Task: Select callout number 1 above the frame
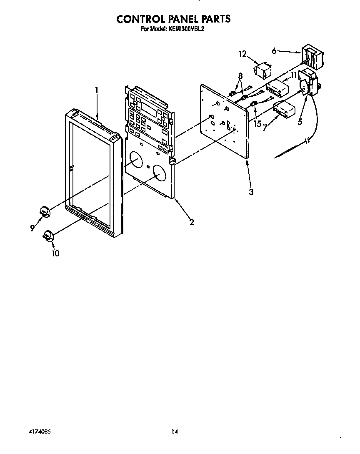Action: tap(97, 90)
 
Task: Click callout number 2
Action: tap(192, 222)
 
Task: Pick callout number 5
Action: tap(300, 122)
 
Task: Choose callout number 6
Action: tap(274, 51)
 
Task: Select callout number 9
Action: tap(32, 228)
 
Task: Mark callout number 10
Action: tap(55, 253)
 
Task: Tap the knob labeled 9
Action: tap(44, 212)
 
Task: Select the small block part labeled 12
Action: tap(262, 70)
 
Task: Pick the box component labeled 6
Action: tap(312, 58)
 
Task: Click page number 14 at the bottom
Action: tap(175, 432)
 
